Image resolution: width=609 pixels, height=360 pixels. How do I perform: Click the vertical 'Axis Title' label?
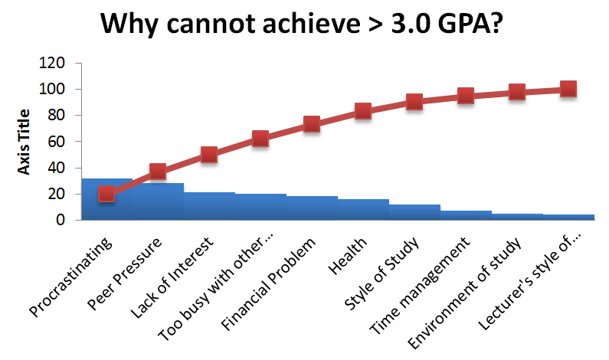[25, 141]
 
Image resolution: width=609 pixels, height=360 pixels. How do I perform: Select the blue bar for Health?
[363, 210]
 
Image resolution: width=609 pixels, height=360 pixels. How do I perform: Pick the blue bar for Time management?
[466, 215]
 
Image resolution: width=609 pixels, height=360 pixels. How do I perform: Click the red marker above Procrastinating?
[106, 194]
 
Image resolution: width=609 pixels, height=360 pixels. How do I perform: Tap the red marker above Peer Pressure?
[158, 172]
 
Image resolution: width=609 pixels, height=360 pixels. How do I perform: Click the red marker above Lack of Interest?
[209, 155]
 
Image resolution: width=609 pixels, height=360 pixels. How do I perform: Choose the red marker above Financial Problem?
[312, 124]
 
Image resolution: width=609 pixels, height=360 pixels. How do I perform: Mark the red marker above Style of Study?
[414, 102]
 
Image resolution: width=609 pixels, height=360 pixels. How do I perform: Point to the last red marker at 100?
[568, 89]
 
